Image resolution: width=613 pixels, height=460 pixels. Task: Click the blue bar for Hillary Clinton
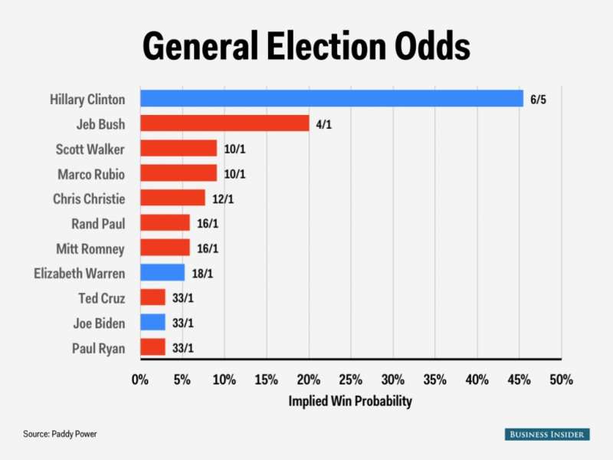(x=331, y=99)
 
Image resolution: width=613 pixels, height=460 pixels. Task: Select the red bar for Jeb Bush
(x=224, y=123)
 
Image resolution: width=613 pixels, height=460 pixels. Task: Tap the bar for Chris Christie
(x=172, y=198)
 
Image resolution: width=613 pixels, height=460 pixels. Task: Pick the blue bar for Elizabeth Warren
(x=162, y=272)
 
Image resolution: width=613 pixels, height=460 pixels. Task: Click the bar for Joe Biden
(x=152, y=322)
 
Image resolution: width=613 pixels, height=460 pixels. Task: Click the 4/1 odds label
(x=325, y=123)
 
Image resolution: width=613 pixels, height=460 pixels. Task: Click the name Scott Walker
(x=90, y=149)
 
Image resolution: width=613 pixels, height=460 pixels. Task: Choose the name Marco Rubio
(x=90, y=173)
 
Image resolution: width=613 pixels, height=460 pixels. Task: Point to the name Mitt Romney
(x=90, y=248)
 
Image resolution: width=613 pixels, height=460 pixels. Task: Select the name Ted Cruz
(x=101, y=297)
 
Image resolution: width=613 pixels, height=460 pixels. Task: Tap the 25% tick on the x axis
(x=350, y=379)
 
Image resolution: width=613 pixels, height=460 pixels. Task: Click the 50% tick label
(x=561, y=379)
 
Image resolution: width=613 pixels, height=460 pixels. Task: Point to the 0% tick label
(x=139, y=379)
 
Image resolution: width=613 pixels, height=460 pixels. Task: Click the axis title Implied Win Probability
(x=350, y=401)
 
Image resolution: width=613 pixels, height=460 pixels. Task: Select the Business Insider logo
(x=547, y=434)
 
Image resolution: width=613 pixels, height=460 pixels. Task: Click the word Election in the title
(x=320, y=48)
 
